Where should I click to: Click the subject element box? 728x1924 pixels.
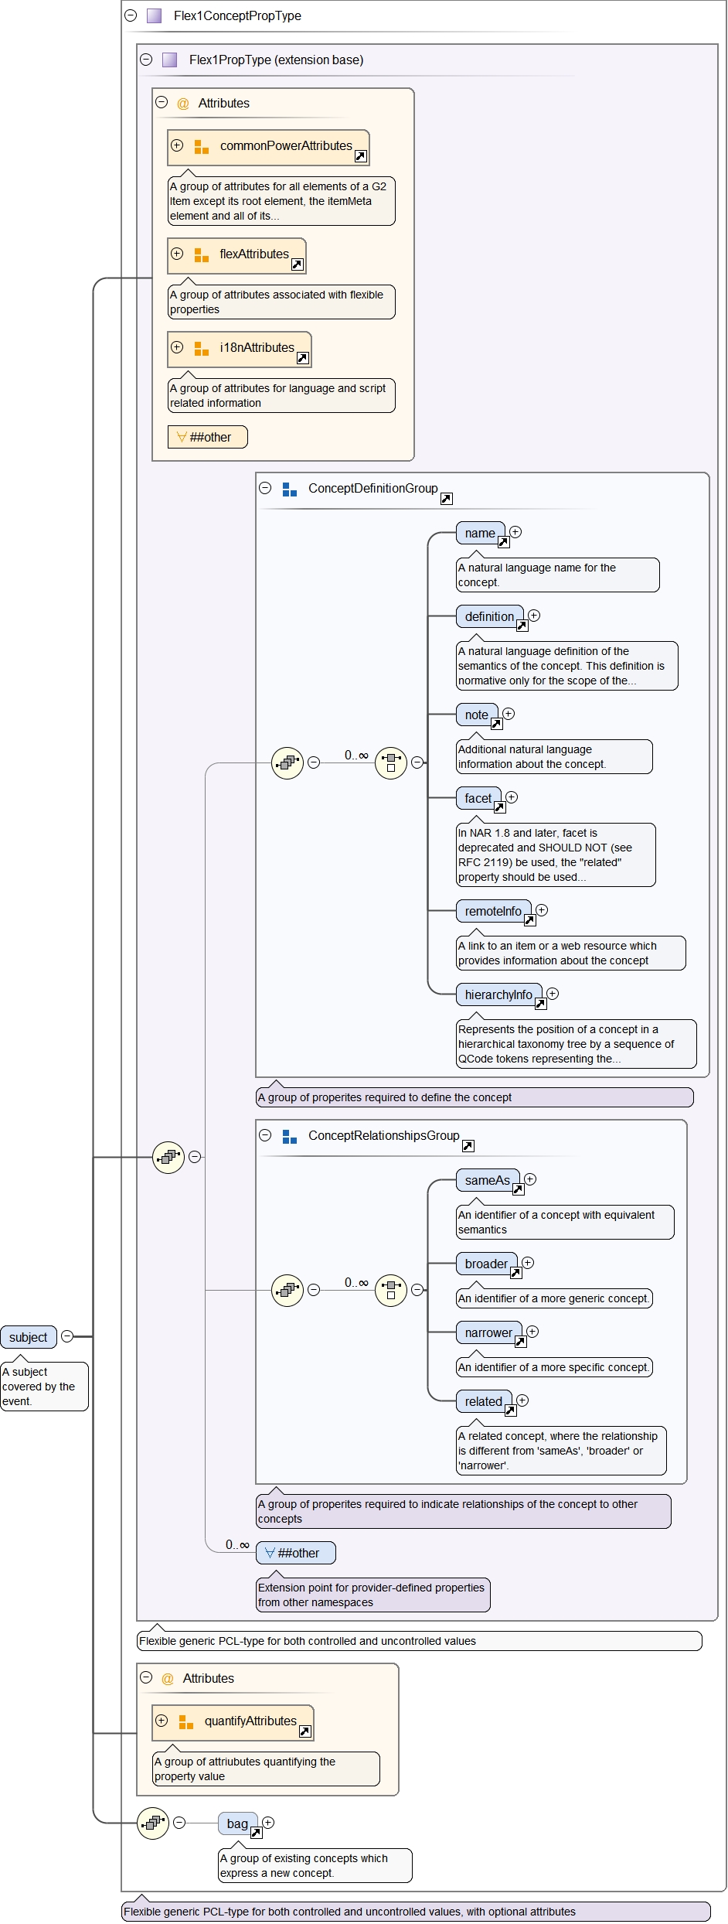coord(29,1337)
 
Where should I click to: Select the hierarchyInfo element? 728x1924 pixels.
coord(498,994)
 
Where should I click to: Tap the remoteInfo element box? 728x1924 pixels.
coord(493,911)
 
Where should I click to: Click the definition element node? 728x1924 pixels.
coord(489,616)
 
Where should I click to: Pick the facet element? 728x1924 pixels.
coord(478,798)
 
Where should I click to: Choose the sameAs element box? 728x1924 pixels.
coord(487,1180)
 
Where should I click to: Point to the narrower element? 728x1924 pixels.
coord(488,1332)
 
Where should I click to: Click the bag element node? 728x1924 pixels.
coord(237,1823)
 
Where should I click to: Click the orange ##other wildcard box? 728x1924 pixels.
coord(207,437)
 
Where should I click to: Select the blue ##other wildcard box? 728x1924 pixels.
coord(296,1553)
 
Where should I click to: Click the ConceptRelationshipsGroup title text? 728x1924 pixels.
coord(383,1135)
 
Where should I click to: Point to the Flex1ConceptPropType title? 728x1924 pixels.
coord(237,15)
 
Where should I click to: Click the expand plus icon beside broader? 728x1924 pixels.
coord(528,1263)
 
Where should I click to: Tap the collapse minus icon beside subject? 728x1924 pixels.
coord(67,1336)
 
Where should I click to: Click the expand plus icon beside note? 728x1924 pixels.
coord(509,714)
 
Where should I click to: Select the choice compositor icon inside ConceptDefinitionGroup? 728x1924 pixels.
coord(391,763)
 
